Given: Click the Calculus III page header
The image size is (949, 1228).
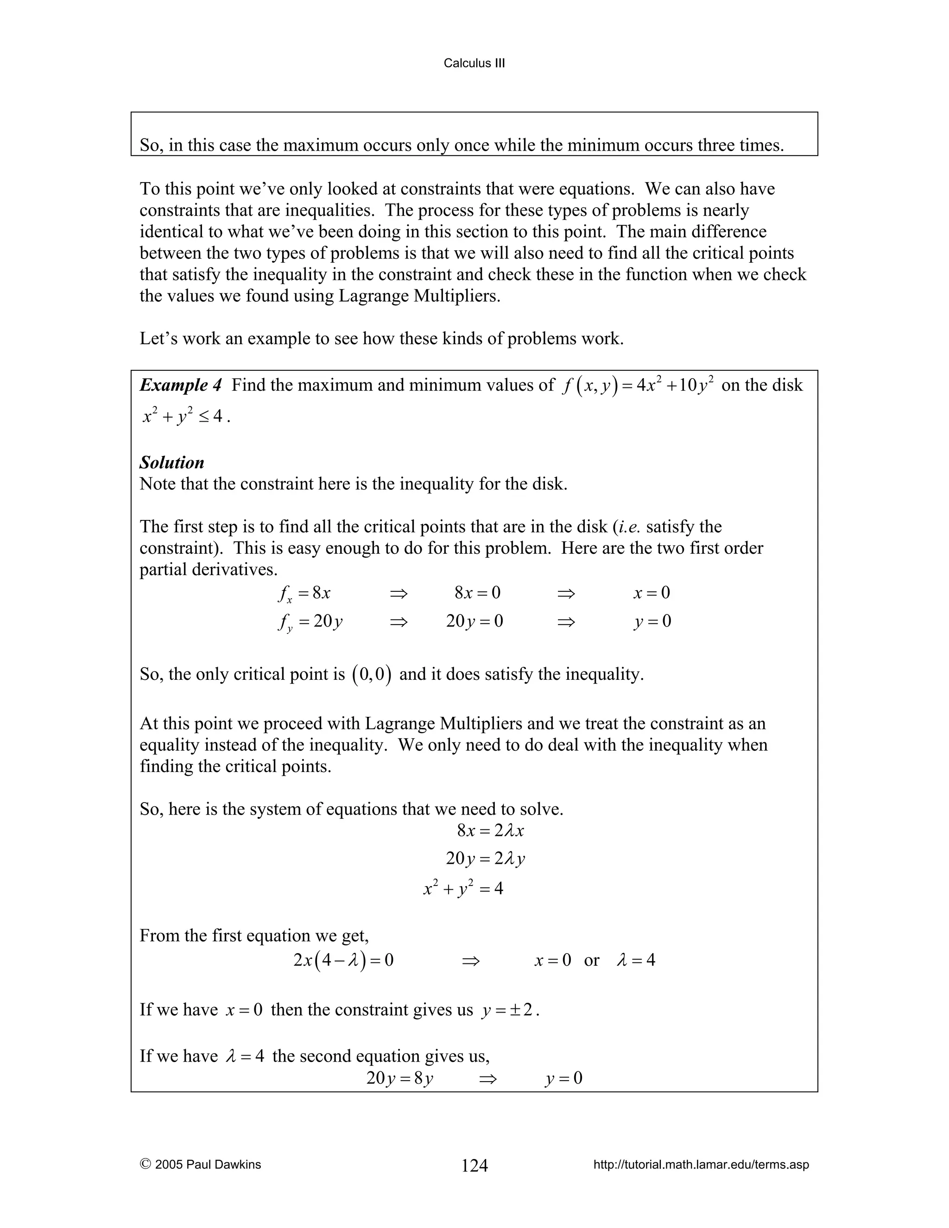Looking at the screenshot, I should tap(474, 63).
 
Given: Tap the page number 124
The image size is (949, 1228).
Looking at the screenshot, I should tap(474, 1165).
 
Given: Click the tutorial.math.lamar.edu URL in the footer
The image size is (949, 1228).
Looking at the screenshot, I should tap(701, 1165).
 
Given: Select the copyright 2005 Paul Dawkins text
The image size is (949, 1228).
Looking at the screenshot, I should tap(201, 1165).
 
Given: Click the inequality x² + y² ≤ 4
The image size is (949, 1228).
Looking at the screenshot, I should tap(183, 416).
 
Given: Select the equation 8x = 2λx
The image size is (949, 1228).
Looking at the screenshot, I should tap(490, 830).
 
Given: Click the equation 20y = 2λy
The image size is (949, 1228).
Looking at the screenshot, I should tap(485, 859).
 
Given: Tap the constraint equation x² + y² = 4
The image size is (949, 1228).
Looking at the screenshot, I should tap(463, 888).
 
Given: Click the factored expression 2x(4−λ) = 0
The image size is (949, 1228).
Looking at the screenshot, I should tap(343, 960).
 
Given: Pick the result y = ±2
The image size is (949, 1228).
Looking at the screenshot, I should tap(508, 1010).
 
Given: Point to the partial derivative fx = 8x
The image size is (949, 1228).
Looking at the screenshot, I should tap(304, 593).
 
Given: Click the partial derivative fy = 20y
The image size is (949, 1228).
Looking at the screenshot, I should tap(310, 621).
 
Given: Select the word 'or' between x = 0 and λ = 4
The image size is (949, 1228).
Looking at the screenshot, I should tap(591, 960).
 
